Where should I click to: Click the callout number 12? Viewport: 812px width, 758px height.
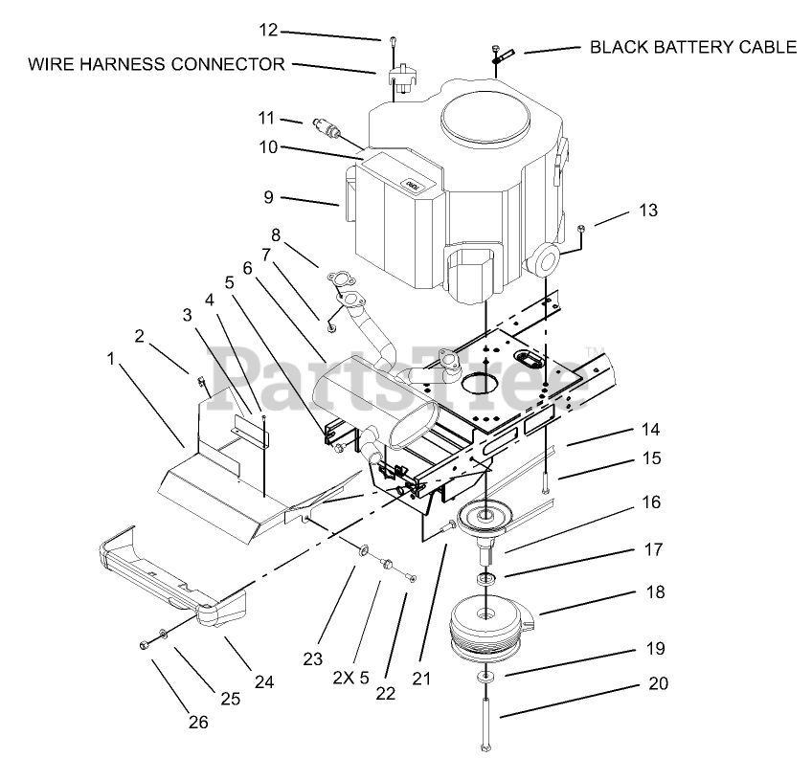point(268,30)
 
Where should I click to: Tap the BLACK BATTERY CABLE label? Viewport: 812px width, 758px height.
point(692,47)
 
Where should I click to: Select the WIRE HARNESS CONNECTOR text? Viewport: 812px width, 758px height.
point(156,65)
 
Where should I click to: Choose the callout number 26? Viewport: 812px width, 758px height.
point(198,723)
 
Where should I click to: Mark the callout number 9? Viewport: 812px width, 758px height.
point(268,197)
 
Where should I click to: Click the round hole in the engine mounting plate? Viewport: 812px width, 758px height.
point(484,380)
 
